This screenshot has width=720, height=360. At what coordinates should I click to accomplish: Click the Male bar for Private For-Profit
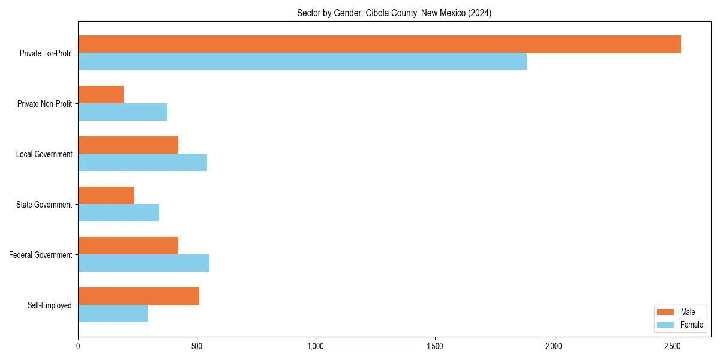tap(379, 44)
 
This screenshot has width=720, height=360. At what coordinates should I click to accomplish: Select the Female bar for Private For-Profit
tap(302, 62)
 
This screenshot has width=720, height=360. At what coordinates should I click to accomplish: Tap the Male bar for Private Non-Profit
tap(101, 95)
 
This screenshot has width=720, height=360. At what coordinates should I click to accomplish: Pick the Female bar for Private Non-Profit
tap(122, 112)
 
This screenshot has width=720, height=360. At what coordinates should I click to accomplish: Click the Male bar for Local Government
tap(128, 145)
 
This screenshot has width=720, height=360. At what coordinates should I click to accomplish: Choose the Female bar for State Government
tap(118, 213)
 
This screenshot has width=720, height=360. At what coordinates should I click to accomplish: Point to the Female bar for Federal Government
tap(143, 263)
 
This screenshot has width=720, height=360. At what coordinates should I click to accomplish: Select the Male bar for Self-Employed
tap(139, 296)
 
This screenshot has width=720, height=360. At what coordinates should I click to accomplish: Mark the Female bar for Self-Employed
tap(113, 314)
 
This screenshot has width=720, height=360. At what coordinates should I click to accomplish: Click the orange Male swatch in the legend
tap(666, 312)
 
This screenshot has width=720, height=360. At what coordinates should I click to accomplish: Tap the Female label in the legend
tap(691, 325)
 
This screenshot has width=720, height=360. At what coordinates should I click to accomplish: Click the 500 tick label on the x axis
tap(197, 346)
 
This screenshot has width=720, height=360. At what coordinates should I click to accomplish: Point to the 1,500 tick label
tap(434, 346)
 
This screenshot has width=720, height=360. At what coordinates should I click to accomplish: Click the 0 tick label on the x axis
tap(78, 346)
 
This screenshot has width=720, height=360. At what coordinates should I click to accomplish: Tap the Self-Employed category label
tap(50, 305)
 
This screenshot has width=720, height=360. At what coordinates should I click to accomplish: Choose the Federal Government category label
tap(41, 255)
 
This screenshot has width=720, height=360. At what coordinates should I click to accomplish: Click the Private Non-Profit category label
tap(45, 104)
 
